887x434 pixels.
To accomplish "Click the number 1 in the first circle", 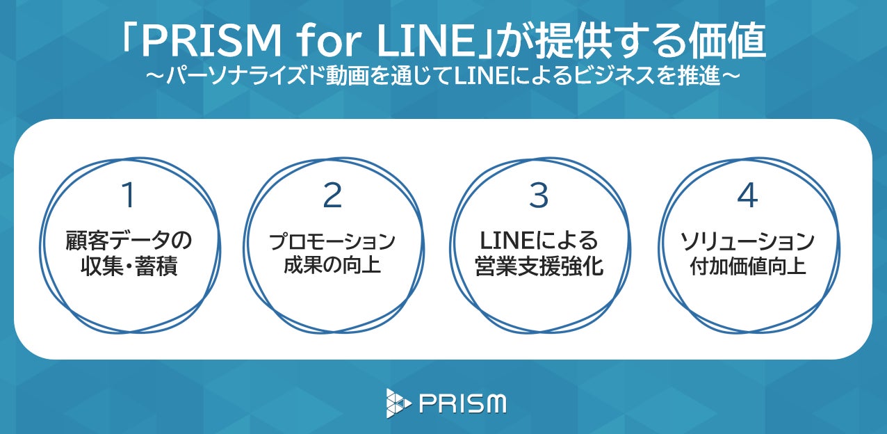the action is [128, 196].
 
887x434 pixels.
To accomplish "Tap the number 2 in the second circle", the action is [333, 196].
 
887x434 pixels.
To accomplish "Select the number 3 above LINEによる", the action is [539, 196].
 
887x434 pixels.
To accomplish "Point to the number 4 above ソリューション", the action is [747, 196].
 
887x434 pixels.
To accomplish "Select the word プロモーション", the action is [333, 242].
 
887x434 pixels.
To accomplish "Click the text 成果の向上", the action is [333, 265].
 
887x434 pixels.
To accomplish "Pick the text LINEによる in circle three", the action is [539, 242].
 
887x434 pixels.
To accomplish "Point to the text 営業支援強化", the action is [539, 266].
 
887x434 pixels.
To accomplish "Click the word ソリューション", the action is [747, 242].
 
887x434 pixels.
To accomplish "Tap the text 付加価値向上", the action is [747, 265].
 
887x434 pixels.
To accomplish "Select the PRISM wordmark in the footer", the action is [463, 403].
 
